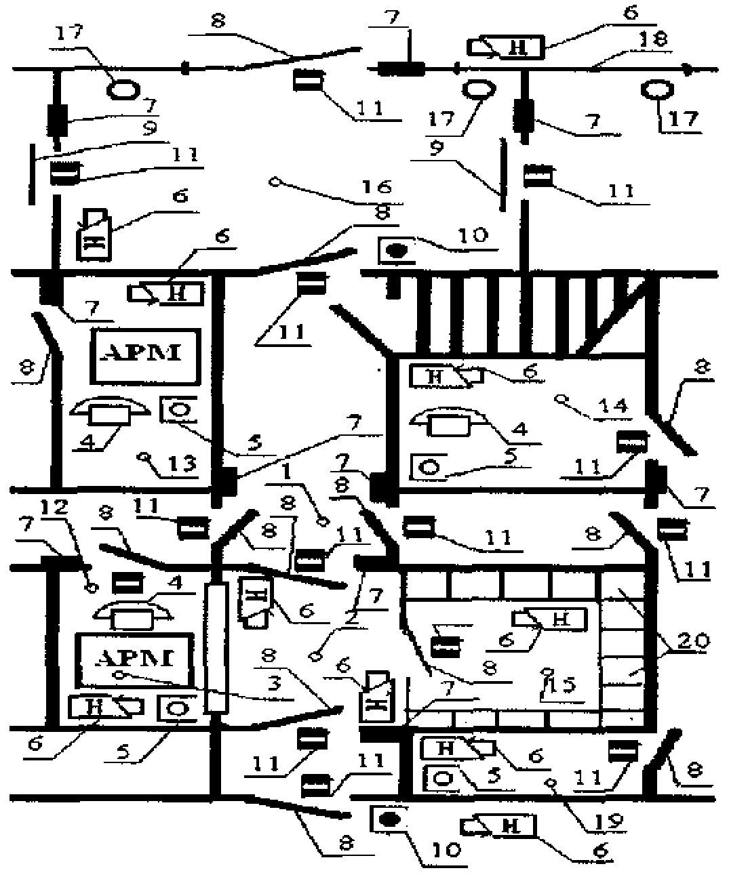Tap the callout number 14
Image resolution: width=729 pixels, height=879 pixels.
[x=612, y=407]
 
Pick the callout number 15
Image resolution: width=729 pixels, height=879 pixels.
[x=561, y=686]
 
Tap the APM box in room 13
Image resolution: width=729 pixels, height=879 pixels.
[x=146, y=355]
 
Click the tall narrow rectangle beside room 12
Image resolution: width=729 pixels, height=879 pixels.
[x=216, y=648]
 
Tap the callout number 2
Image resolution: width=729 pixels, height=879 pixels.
[x=351, y=618]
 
